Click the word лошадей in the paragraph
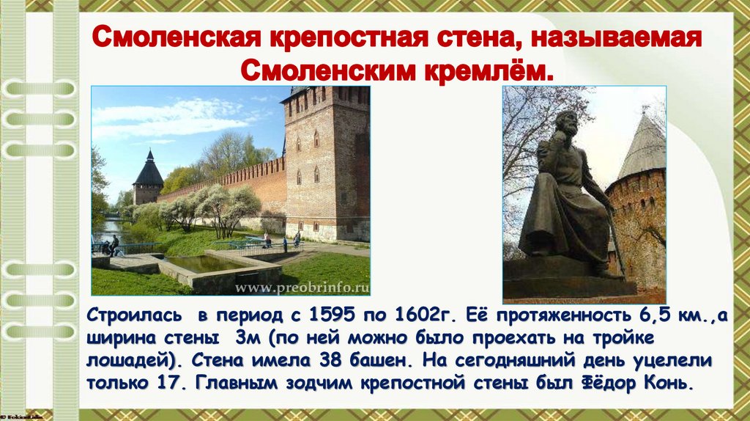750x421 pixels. (x=122, y=362)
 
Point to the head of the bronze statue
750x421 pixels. (x=566, y=125)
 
